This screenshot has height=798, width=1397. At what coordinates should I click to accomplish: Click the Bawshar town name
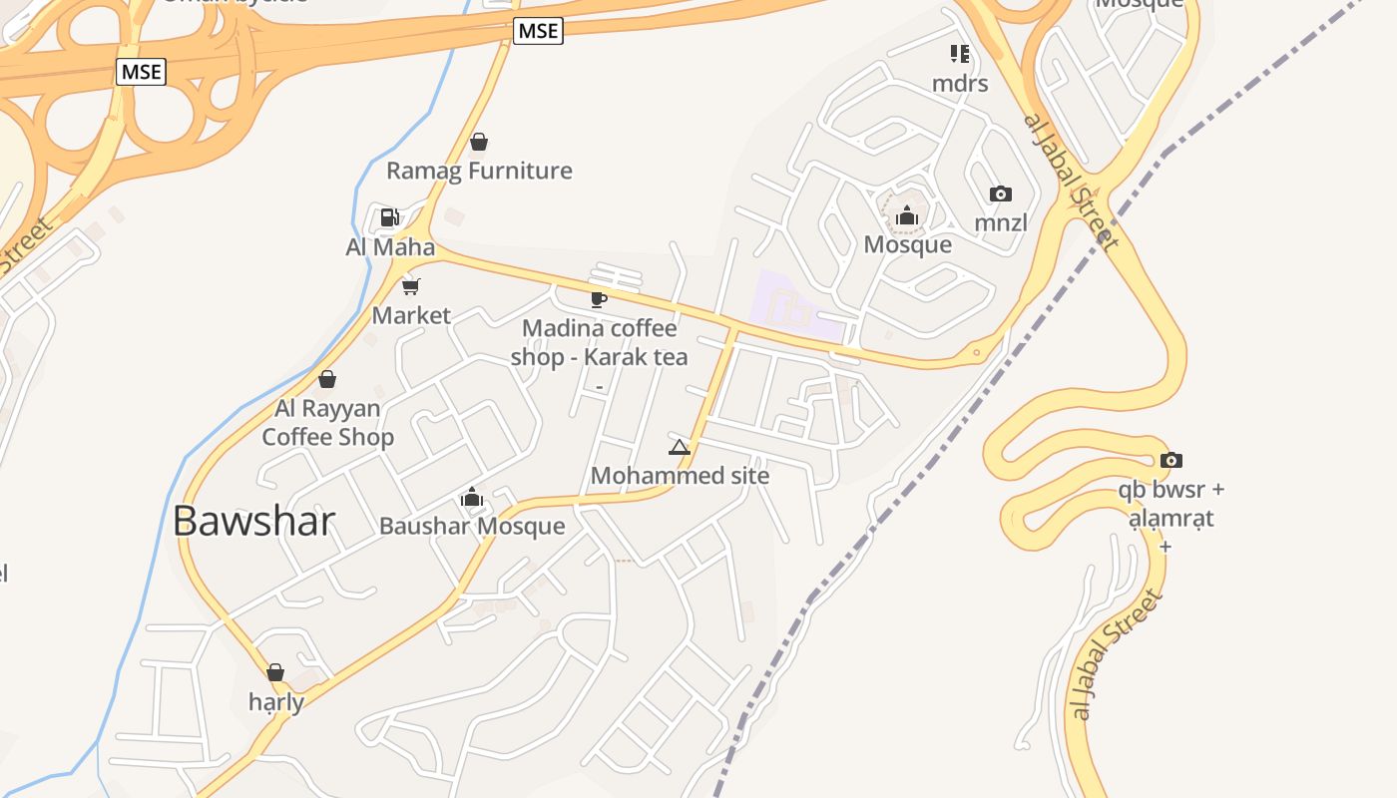click(253, 521)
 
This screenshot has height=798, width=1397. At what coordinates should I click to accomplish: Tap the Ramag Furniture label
click(479, 171)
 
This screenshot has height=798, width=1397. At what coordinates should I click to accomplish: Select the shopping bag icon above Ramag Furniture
click(479, 142)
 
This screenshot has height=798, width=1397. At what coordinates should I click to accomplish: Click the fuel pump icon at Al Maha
click(389, 217)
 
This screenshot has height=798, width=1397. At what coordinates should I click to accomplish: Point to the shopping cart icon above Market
click(410, 287)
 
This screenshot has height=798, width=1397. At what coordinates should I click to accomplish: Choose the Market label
click(411, 315)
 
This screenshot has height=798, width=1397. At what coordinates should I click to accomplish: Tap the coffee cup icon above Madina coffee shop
click(599, 299)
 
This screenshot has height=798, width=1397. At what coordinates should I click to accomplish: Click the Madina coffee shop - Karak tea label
click(599, 342)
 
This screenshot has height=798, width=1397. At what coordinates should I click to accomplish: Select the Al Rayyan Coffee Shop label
click(327, 422)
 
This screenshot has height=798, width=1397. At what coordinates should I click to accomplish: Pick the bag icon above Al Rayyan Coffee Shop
click(326, 379)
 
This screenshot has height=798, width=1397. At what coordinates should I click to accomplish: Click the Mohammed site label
click(680, 475)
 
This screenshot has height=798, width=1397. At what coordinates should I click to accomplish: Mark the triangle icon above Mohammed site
click(680, 447)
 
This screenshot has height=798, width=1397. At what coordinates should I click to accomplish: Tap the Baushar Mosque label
click(472, 526)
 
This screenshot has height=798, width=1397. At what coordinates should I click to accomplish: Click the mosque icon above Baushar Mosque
click(472, 497)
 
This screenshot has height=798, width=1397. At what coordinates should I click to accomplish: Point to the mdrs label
click(960, 83)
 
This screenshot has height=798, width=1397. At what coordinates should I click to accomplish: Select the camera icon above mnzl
click(1000, 194)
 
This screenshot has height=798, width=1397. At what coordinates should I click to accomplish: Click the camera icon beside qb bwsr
click(1171, 460)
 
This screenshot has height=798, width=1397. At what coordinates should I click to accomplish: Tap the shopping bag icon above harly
click(275, 672)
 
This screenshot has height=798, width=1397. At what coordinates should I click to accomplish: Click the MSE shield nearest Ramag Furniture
click(539, 31)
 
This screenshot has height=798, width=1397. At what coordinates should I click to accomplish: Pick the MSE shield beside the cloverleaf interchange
click(141, 72)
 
